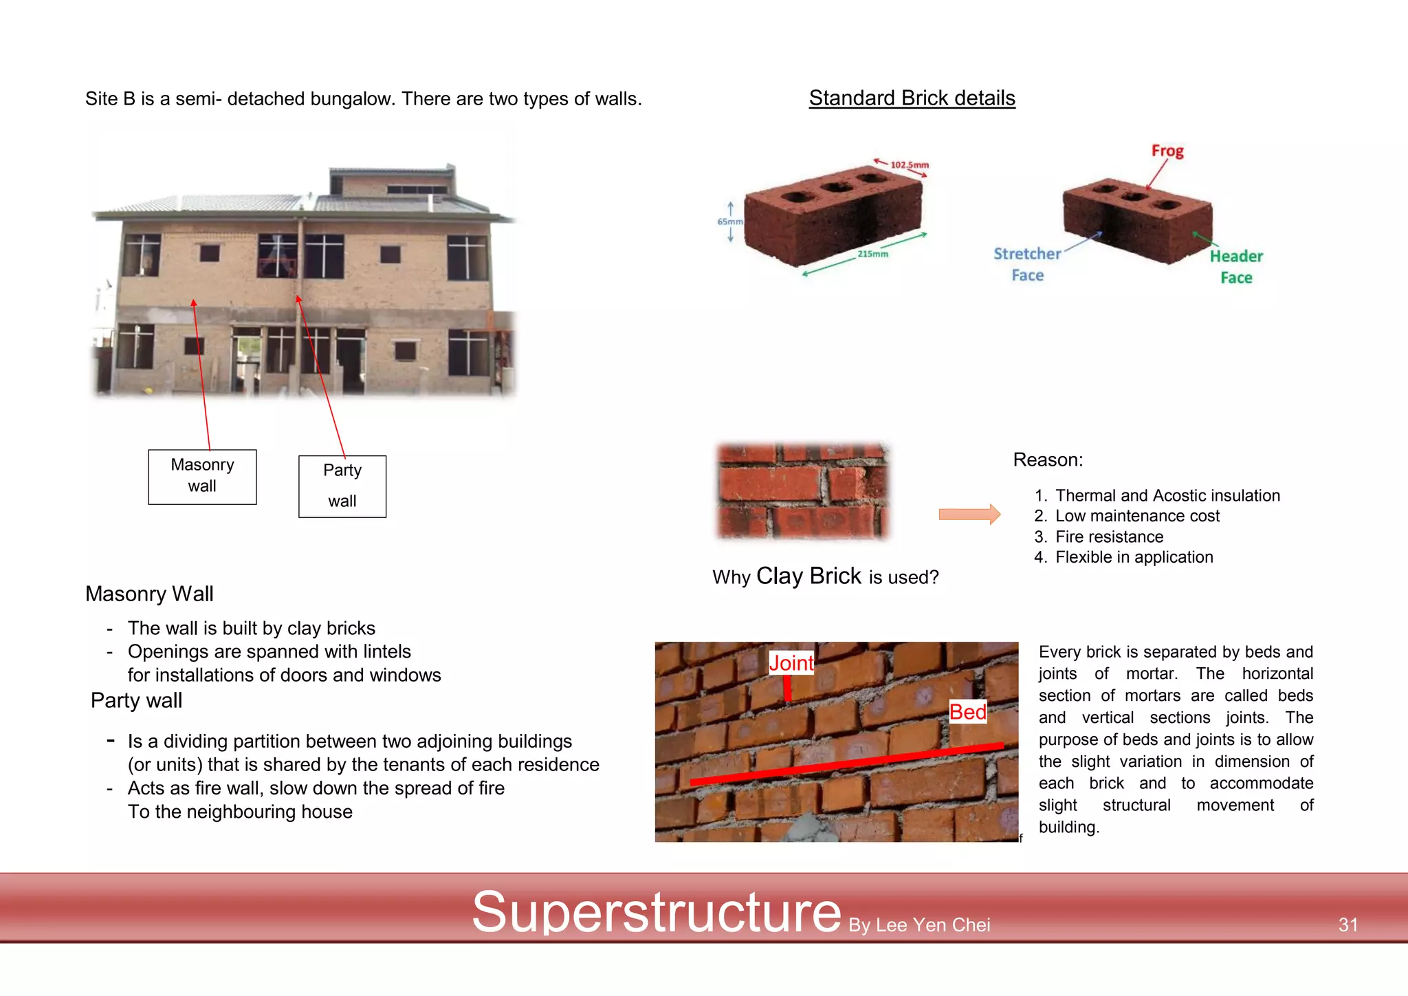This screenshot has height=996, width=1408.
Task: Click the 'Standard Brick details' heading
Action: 912,98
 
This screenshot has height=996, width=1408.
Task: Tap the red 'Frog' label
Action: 1167,151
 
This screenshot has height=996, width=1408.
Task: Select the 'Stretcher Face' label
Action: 1027,264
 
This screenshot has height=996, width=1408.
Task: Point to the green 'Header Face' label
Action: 1236,267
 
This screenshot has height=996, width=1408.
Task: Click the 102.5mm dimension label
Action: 909,165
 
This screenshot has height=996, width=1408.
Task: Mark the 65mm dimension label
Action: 729,221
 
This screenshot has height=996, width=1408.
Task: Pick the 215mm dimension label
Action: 872,254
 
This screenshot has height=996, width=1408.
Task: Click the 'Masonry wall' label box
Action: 202,476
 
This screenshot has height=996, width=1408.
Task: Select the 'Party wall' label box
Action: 342,486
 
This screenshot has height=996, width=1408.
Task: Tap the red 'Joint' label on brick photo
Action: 791,663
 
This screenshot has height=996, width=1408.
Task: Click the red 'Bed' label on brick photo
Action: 967,712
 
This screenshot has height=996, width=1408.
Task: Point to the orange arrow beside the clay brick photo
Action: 969,514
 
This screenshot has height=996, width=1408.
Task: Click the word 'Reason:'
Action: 1048,459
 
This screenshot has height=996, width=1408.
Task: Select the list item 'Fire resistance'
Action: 1109,537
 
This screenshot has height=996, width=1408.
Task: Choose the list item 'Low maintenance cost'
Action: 1137,516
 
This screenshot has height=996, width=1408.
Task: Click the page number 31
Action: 1347,924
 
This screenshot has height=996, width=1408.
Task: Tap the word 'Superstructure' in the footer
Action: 656,912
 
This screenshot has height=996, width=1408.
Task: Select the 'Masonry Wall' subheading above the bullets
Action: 149,594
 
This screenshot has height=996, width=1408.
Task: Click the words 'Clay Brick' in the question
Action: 808,576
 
